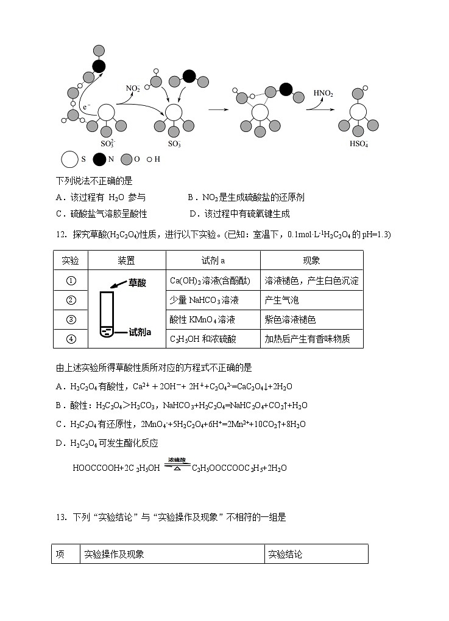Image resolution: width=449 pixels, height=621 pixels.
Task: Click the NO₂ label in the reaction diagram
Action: [x=133, y=89]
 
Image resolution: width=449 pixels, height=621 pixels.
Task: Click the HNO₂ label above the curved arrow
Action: [x=323, y=94]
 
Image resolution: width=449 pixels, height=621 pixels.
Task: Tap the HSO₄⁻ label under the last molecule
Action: [x=358, y=144]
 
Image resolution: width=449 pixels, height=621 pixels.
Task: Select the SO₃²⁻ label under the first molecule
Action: [x=107, y=144]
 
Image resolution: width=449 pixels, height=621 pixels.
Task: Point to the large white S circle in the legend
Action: [x=69, y=160]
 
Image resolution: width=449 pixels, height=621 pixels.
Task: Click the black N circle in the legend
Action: [x=99, y=160]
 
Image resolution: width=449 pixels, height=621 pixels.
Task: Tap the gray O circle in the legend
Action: [x=127, y=160]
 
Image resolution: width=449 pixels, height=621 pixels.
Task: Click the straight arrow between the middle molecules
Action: [x=217, y=109]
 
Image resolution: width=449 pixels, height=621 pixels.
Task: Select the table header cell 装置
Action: [x=126, y=260]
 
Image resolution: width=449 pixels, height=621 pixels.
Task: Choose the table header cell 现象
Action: [x=311, y=260]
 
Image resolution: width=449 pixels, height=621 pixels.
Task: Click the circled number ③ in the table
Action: [x=71, y=319]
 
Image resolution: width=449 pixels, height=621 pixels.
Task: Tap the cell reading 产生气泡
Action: [x=282, y=300]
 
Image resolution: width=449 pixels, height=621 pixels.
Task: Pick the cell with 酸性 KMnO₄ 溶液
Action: [x=202, y=319]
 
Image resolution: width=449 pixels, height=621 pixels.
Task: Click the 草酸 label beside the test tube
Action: [x=138, y=283]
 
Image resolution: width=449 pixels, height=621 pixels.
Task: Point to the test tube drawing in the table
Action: [x=107, y=313]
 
